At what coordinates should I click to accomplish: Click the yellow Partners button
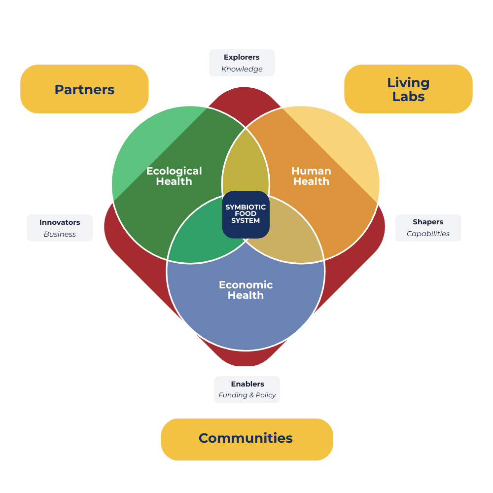[x=84, y=89]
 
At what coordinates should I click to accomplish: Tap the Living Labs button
[x=408, y=89]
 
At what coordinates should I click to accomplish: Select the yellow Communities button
[x=246, y=439]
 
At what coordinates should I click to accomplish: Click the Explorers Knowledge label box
[x=242, y=63]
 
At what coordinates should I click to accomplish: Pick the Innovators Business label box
[x=60, y=228]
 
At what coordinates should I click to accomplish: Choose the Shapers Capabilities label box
[x=428, y=228]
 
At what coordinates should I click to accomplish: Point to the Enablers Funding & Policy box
[x=247, y=389]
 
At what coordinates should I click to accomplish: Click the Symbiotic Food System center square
[x=246, y=214]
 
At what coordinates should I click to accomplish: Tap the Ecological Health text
[x=174, y=176]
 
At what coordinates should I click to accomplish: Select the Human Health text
[x=311, y=176]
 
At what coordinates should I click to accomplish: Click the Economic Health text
[x=246, y=290]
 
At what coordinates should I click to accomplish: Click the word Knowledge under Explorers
[x=242, y=69]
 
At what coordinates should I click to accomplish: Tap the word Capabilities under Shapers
[x=428, y=234]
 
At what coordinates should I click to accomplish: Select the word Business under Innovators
[x=60, y=234]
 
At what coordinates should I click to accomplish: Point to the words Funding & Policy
[x=247, y=395]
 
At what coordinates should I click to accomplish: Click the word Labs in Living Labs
[x=408, y=96]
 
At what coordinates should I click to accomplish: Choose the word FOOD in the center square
[x=246, y=214]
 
